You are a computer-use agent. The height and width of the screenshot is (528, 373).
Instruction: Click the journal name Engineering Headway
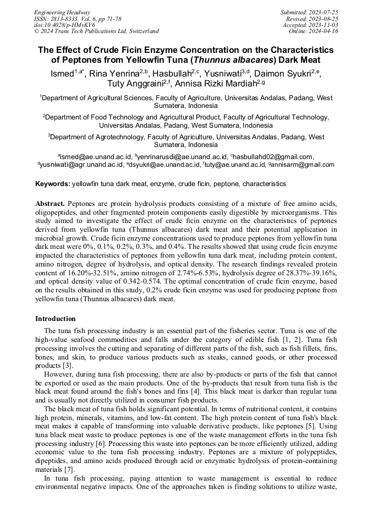62,12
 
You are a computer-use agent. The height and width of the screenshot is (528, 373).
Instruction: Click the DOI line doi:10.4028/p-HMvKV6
64,25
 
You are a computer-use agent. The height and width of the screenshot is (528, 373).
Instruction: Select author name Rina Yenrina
114,73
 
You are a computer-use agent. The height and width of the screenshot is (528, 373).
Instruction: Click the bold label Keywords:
53,184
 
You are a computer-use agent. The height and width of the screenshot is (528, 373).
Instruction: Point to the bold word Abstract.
51,204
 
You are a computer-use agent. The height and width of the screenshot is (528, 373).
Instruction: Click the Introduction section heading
55,319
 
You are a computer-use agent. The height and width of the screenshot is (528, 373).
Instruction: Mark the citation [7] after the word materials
70,469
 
